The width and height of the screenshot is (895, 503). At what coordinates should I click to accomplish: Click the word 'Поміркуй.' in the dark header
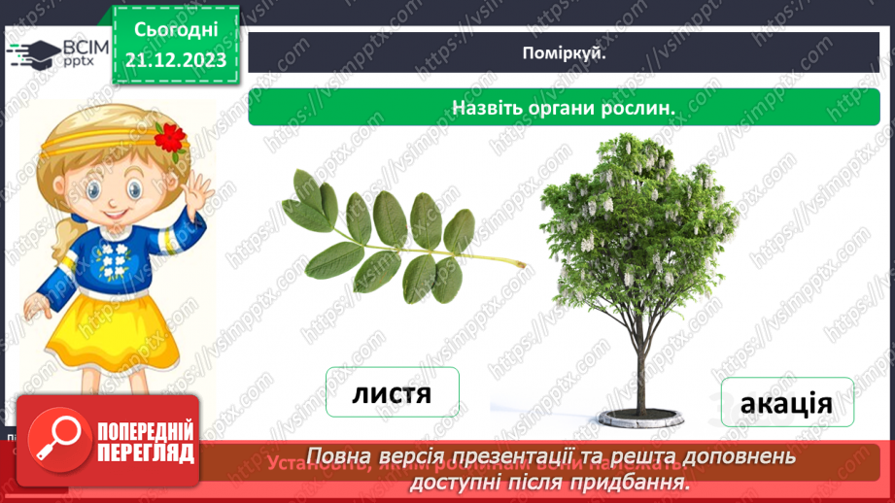tap(564, 53)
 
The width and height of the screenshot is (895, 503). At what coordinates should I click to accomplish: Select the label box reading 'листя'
tap(391, 393)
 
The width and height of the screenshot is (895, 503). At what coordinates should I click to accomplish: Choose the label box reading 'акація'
tap(786, 402)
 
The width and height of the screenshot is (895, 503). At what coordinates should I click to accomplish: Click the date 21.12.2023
tap(176, 61)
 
